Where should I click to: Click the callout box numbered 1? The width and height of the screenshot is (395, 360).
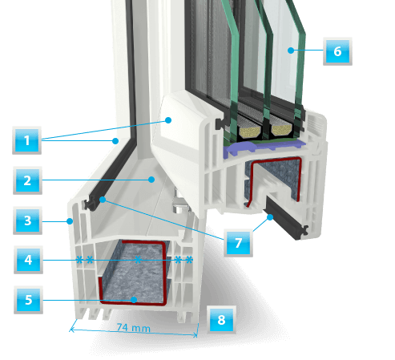(26, 140)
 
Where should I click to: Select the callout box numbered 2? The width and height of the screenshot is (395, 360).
(27, 180)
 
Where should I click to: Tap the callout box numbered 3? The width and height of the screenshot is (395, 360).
(27, 220)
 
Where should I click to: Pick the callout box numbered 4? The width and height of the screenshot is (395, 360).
(28, 260)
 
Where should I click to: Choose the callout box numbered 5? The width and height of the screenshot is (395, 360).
(28, 300)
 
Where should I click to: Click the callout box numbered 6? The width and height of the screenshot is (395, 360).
(337, 51)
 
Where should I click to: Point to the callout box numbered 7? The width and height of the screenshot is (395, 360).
(238, 243)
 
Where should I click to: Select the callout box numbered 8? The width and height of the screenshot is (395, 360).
(221, 320)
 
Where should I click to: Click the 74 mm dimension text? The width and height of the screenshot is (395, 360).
(134, 328)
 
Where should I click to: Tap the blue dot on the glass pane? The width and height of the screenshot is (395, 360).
(291, 51)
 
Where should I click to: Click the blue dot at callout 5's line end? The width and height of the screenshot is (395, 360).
(134, 300)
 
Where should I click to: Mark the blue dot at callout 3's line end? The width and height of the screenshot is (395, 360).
(70, 221)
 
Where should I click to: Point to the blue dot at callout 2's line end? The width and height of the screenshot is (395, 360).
(151, 180)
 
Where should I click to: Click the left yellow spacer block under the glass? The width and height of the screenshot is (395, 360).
(250, 131)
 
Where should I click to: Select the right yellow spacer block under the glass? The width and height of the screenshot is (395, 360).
(281, 130)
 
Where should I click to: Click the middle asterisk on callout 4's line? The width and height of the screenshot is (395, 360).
(138, 260)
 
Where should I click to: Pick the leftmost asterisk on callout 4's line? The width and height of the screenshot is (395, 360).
(79, 260)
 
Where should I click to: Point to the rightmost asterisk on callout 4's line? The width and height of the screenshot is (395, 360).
(189, 260)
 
